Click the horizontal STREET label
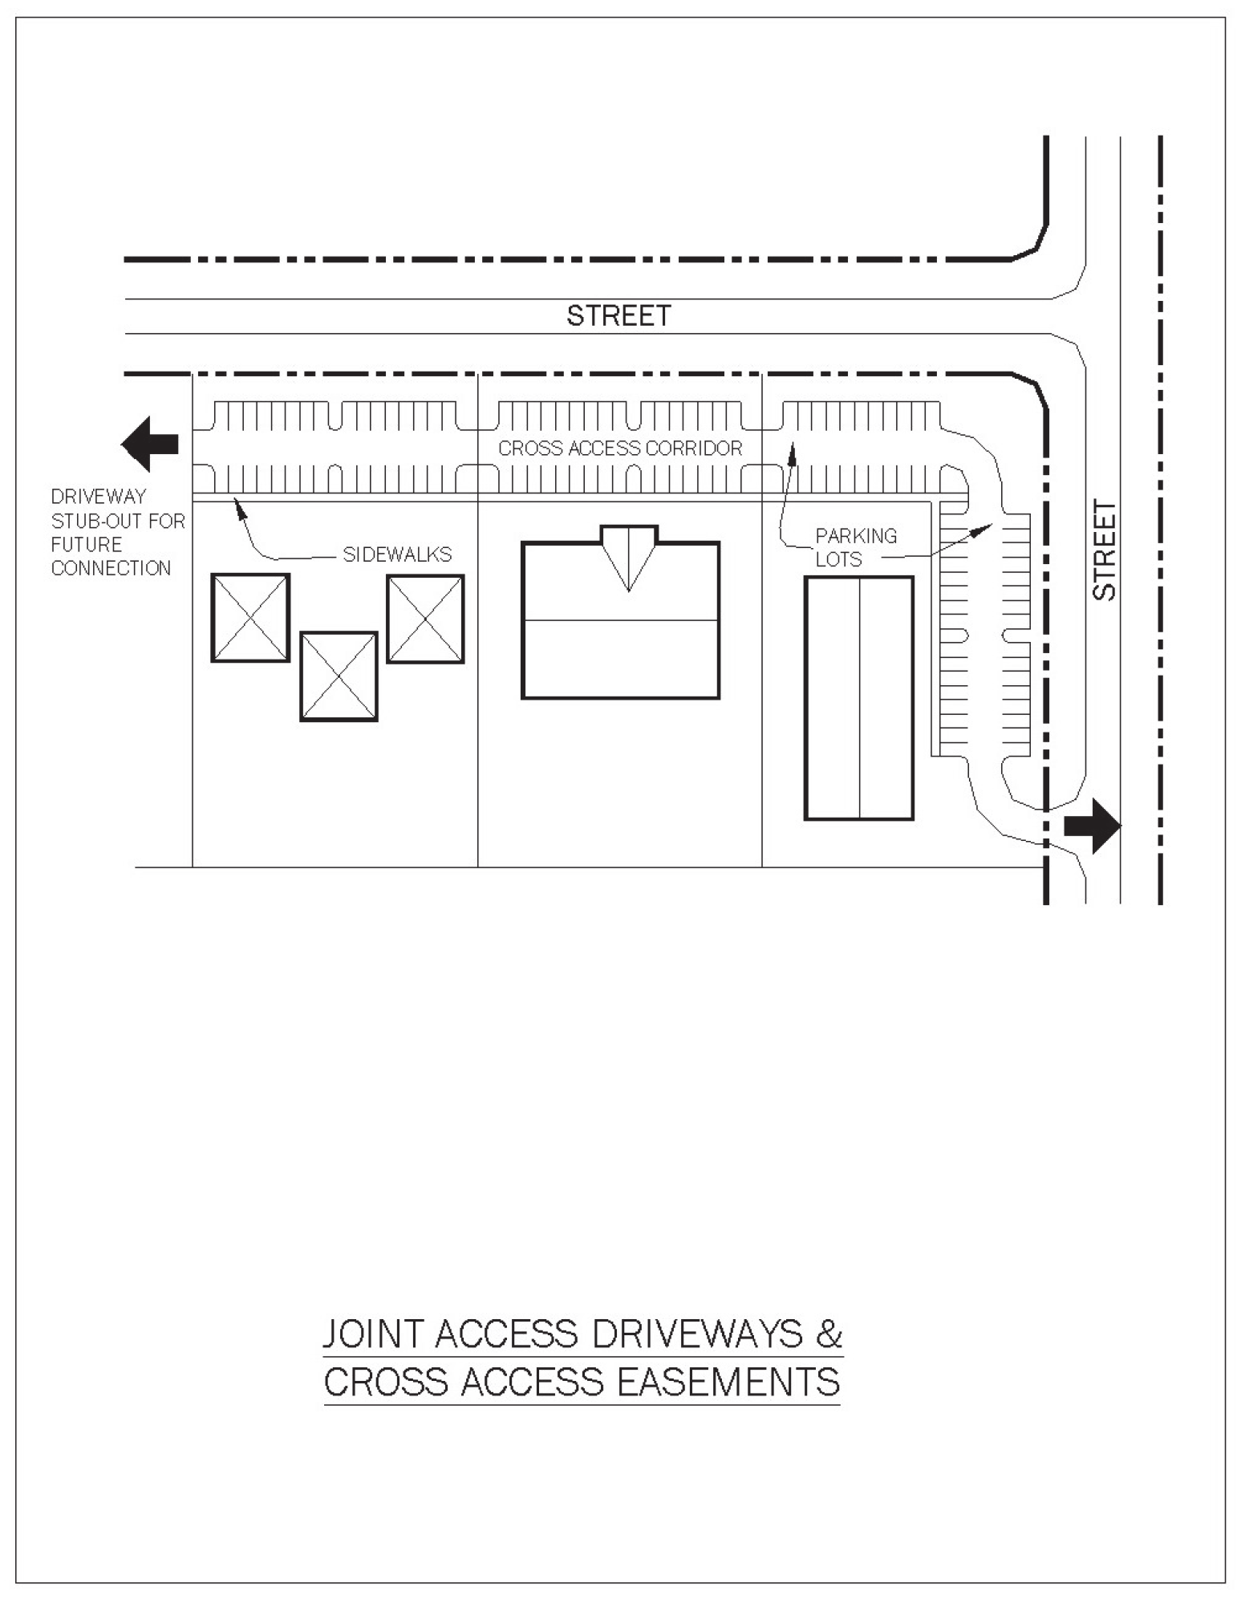tap(618, 316)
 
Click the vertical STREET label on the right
tap(1105, 550)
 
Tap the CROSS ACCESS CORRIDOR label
tap(620, 449)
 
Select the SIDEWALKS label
tap(397, 554)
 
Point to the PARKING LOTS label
tap(855, 547)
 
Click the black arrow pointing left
tap(150, 444)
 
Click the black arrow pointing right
tap(1092, 825)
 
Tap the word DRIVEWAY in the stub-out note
tap(99, 497)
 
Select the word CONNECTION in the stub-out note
tap(111, 568)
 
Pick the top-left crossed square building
tap(250, 618)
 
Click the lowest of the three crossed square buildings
tap(339, 676)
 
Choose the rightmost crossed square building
tap(425, 619)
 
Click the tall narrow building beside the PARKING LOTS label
tap(859, 698)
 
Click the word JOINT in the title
tap(373, 1334)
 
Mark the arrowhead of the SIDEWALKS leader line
tap(238, 504)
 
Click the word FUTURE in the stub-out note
tap(87, 545)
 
